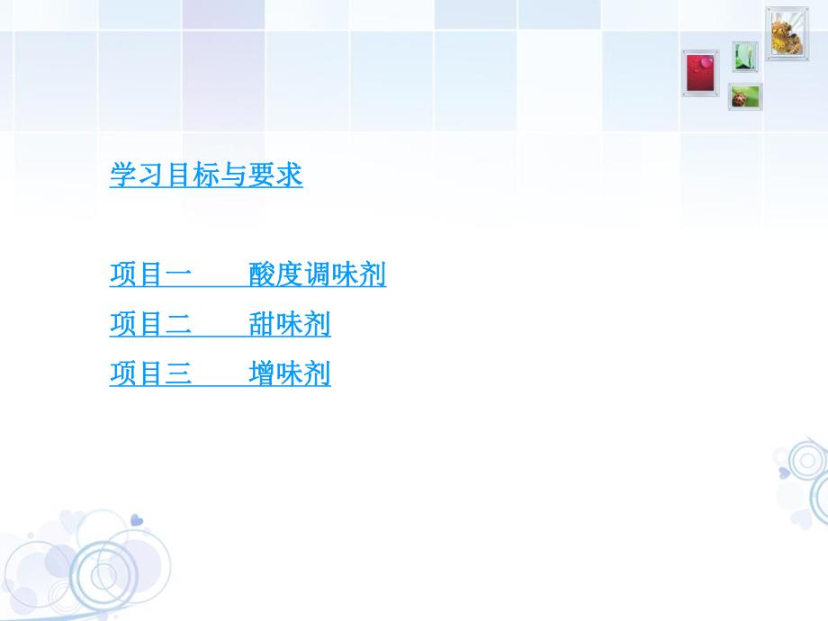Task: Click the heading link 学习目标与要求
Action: pyautogui.click(x=206, y=175)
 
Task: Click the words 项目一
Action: pyautogui.click(x=150, y=274)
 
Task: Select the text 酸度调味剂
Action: pyautogui.click(x=318, y=274)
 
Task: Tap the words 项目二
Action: pyautogui.click(x=150, y=324)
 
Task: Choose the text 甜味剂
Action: pyautogui.click(x=290, y=324)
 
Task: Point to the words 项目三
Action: pyautogui.click(x=150, y=373)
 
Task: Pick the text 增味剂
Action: pyautogui.click(x=290, y=373)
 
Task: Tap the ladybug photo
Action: pyautogui.click(x=745, y=96)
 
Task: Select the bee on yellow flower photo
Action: pyautogui.click(x=786, y=33)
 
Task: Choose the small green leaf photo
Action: pyautogui.click(x=744, y=56)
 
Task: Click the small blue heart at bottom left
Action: pyautogui.click(x=136, y=520)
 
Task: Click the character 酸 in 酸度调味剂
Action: pyautogui.click(x=262, y=274)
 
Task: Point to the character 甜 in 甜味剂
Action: pyautogui.click(x=262, y=324)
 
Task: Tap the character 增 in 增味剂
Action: pyautogui.click(x=262, y=373)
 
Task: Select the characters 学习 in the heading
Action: pyautogui.click(x=137, y=175)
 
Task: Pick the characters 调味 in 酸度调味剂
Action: pyautogui.click(x=331, y=274)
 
